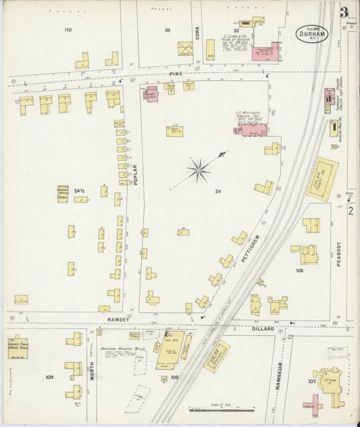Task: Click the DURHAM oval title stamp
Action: [311, 33]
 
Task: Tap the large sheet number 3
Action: [344, 11]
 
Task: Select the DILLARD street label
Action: [263, 328]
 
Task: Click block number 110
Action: [68, 30]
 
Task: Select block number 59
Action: [167, 30]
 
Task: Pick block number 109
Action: [49, 376]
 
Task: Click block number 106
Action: [299, 270]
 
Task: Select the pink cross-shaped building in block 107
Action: [315, 403]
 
